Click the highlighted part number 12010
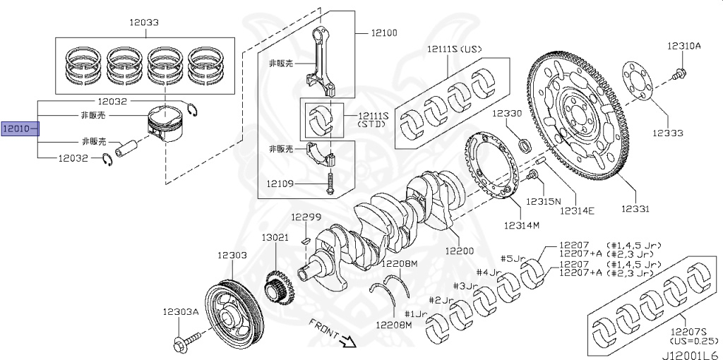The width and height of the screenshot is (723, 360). click(x=17, y=129)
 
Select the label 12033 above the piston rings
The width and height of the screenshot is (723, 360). click(x=143, y=23)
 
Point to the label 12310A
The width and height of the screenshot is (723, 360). click(x=683, y=46)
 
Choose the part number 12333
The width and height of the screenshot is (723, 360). click(x=667, y=132)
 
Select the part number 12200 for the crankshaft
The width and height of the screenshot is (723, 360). click(x=459, y=251)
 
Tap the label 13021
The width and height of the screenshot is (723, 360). click(x=275, y=237)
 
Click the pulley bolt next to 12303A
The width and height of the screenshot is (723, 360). click(x=181, y=344)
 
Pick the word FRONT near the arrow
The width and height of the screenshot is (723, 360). click(x=323, y=329)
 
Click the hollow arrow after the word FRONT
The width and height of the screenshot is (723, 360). click(x=347, y=342)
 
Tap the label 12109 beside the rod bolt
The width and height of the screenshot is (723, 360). click(x=280, y=184)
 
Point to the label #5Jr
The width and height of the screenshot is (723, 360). click(x=513, y=258)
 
